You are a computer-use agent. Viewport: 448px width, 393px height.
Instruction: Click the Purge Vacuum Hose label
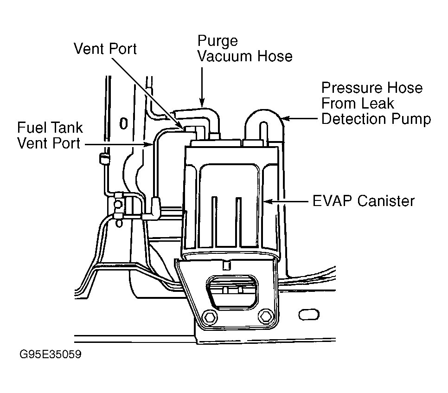pyautogui.click(x=245, y=49)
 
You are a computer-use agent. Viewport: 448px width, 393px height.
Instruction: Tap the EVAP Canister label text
pyautogui.click(x=364, y=201)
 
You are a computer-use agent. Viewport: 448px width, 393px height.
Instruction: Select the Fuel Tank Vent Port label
pyautogui.click(x=50, y=135)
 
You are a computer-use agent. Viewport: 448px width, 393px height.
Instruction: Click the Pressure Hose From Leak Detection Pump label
pyautogui.click(x=376, y=103)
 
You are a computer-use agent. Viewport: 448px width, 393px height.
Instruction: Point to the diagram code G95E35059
pyautogui.click(x=50, y=354)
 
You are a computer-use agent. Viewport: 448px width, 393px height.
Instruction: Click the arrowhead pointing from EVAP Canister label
pyautogui.click(x=267, y=202)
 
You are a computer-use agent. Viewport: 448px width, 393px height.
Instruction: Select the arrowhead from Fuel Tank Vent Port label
pyautogui.click(x=149, y=145)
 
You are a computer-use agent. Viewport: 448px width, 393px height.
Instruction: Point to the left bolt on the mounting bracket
pyautogui.click(x=210, y=317)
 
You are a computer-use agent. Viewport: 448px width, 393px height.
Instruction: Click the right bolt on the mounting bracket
pyautogui.click(x=266, y=316)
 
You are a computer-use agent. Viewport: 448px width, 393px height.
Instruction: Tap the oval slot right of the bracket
pyautogui.click(x=308, y=315)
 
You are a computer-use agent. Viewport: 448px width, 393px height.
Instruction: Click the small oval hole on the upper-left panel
pyautogui.click(x=123, y=124)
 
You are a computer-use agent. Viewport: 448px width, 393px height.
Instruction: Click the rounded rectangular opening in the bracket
pyautogui.click(x=232, y=292)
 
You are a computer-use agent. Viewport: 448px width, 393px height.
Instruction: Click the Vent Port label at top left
pyautogui.click(x=105, y=49)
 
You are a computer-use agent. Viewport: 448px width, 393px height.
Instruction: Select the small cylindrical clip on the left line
pyautogui.click(x=104, y=159)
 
